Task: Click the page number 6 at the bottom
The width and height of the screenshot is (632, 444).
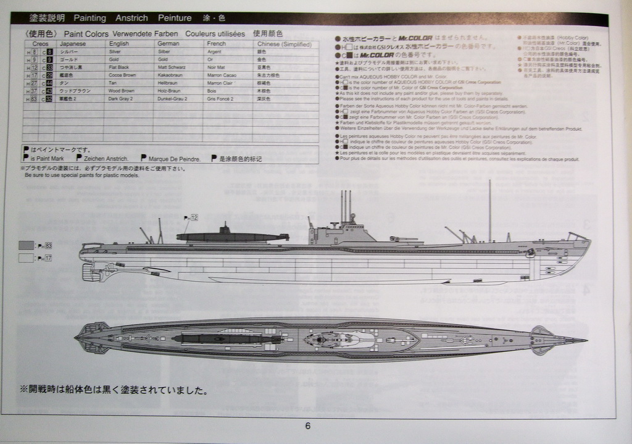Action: click(307, 425)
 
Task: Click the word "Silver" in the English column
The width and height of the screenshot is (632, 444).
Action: click(115, 52)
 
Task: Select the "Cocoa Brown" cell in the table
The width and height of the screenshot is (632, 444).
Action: click(122, 75)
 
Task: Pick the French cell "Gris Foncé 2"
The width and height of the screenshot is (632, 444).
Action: click(220, 98)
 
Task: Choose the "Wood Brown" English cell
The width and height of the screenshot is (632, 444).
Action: click(121, 91)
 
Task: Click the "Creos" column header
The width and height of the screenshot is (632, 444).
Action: click(40, 44)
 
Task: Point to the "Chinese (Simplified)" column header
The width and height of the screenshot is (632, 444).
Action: click(283, 44)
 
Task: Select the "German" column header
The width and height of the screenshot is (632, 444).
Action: click(168, 44)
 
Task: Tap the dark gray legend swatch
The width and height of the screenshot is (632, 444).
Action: click(26, 245)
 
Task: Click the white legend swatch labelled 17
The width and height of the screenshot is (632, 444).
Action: click(26, 258)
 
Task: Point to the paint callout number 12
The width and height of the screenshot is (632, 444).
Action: click(194, 218)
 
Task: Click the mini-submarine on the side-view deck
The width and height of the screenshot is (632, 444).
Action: click(231, 236)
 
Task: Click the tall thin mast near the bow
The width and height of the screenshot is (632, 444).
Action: click(489, 210)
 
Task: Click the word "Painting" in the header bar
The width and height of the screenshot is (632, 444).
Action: click(89, 18)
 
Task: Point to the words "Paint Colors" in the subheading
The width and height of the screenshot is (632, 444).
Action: click(86, 33)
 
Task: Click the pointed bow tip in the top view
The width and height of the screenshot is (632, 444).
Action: click(585, 340)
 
